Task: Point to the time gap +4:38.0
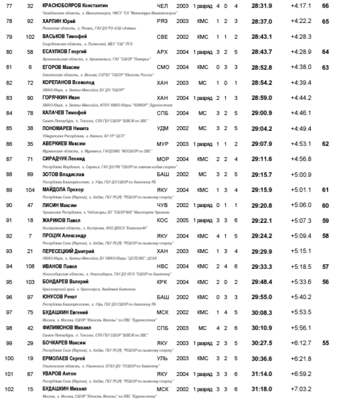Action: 301,67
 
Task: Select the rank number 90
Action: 9,205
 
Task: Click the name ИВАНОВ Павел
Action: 60,266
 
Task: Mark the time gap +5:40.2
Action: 301,297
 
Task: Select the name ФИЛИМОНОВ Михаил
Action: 67,328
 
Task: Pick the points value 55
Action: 325,343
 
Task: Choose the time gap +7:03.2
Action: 301,389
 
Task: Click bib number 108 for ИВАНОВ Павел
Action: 30,266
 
